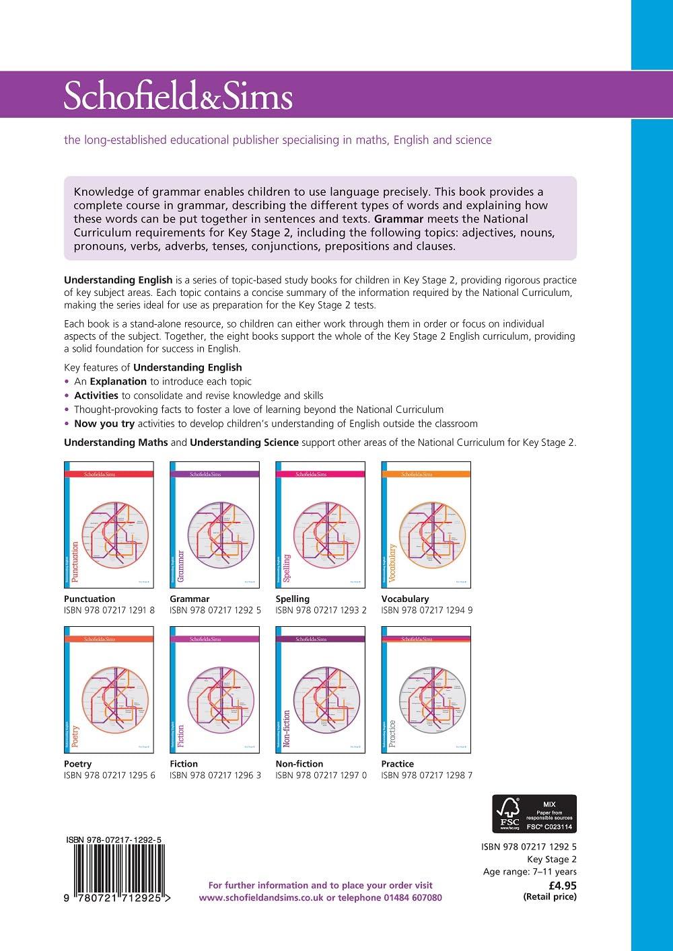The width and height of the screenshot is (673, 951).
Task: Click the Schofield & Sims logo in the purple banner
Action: pos(178,96)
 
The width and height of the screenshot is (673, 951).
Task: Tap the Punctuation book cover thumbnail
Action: pos(109,525)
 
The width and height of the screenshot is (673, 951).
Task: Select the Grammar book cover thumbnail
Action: pos(215,525)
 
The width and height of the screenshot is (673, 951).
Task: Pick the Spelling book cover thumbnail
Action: pos(320,525)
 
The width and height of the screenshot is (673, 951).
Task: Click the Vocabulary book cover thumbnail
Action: pos(426,525)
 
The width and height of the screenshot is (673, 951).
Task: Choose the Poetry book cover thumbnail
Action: pos(109,689)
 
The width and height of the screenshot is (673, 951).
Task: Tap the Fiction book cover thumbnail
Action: pos(215,689)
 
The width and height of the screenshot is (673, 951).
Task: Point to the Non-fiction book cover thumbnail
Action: pos(320,689)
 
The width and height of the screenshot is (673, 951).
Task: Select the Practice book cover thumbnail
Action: pos(426,689)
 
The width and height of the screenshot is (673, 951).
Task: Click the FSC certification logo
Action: pos(534,814)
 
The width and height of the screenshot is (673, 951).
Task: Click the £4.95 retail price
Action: pos(563,886)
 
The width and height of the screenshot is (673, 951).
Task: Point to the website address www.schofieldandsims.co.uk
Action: pos(261,898)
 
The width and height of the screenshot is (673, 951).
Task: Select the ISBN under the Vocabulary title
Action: pos(427,611)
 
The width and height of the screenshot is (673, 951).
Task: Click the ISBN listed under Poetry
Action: pos(109,775)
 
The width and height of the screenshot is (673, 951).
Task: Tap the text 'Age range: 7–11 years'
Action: pos(530,872)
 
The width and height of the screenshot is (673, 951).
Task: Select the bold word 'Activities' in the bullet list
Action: pos(96,395)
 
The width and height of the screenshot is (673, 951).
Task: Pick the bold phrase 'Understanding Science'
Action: pos(244,443)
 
